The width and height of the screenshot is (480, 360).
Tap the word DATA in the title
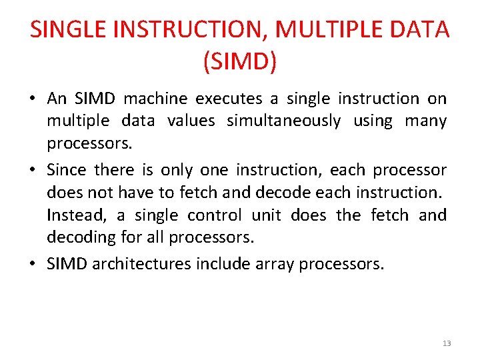pyautogui.click(x=423, y=29)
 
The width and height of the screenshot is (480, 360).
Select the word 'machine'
pyautogui.click(x=156, y=99)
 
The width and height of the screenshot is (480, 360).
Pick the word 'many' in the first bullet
pyautogui.click(x=425, y=121)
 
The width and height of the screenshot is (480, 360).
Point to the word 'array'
pyautogui.click(x=275, y=264)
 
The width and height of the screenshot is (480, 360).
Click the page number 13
pyautogui.click(x=446, y=343)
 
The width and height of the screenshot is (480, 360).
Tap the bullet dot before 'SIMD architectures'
pyautogui.click(x=33, y=265)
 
